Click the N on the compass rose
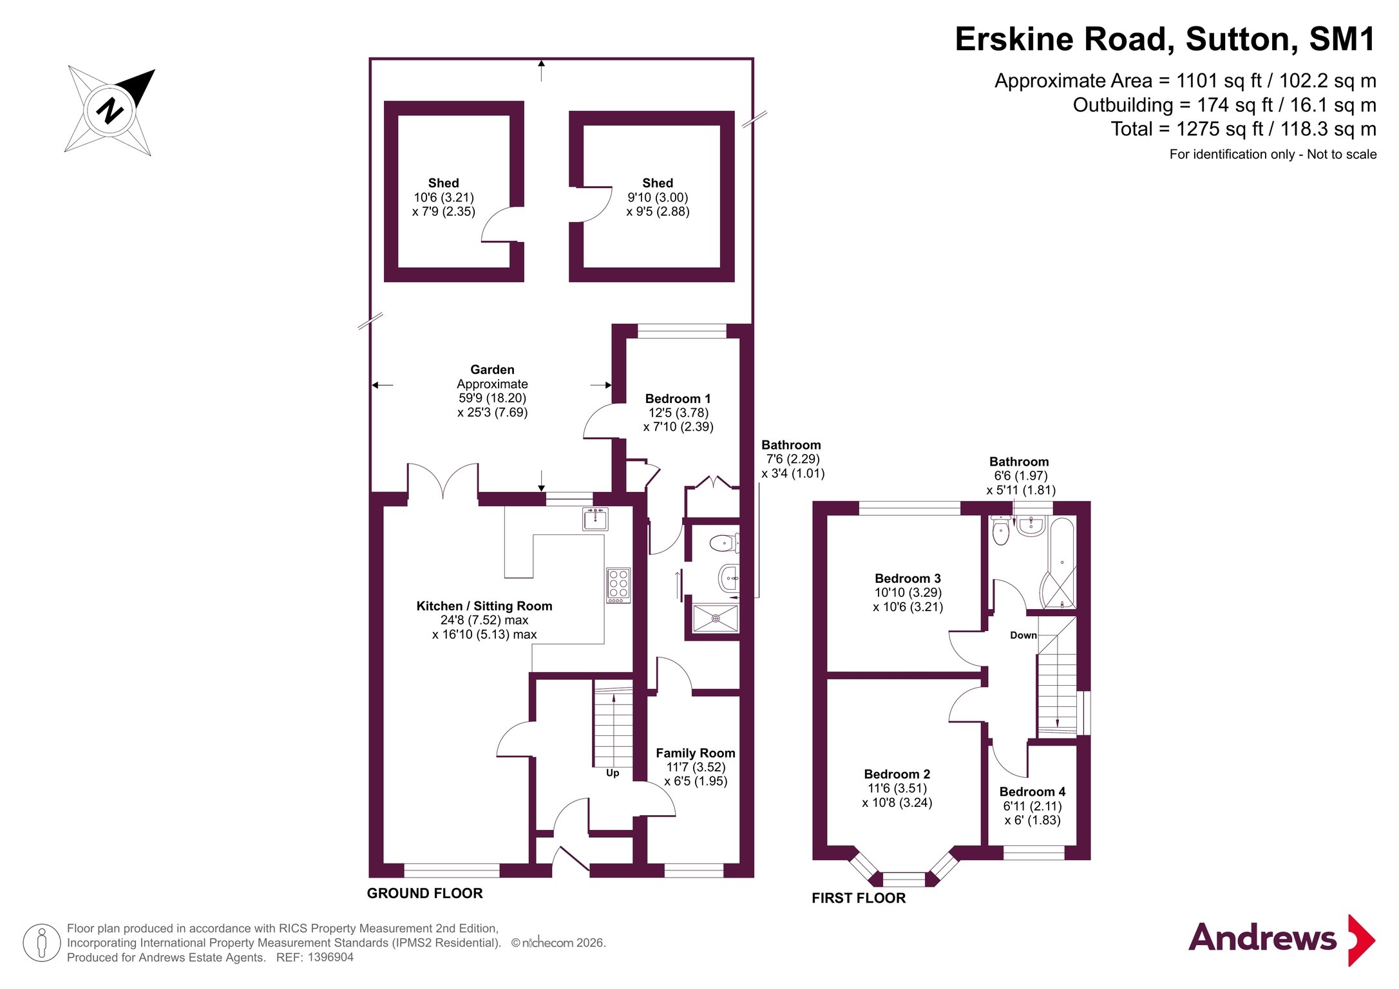[110, 110]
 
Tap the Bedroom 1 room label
[678, 399]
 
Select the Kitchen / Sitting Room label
[484, 606]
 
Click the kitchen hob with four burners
[618, 585]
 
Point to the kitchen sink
[595, 519]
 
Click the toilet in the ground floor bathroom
[725, 543]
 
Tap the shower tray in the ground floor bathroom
[715, 618]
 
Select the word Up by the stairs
[613, 773]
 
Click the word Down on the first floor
[1023, 635]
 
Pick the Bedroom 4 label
[1032, 791]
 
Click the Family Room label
[696, 753]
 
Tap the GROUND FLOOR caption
[424, 893]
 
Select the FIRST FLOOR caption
[859, 898]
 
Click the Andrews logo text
[1262, 937]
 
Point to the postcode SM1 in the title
[1342, 39]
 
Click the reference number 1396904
[330, 957]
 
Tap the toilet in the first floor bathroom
[1000, 530]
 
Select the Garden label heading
[492, 370]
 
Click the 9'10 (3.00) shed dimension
[658, 197]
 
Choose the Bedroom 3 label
[908, 578]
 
